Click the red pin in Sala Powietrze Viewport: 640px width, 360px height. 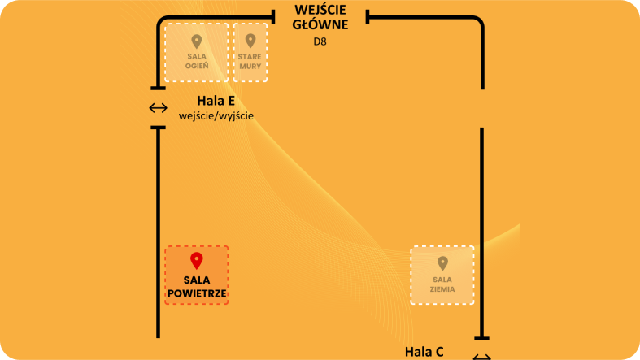coord(196,260)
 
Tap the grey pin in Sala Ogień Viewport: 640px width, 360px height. coord(196,41)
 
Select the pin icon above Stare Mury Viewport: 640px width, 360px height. coord(250,40)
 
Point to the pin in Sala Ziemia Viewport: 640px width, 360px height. coord(442,263)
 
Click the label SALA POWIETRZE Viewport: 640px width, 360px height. coord(197,286)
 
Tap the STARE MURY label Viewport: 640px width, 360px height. coord(250,61)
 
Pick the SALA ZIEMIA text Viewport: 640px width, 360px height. coord(442,284)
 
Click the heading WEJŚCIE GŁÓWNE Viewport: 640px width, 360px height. coord(320,17)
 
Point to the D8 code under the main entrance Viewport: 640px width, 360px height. coord(320,41)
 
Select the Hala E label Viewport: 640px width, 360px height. coord(216,101)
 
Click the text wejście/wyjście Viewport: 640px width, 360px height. coord(216,115)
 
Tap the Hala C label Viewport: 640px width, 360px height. coord(424,351)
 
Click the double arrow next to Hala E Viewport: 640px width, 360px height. coord(158,107)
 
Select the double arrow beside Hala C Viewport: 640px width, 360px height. coord(482,357)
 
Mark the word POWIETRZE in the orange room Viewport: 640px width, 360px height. coord(197,293)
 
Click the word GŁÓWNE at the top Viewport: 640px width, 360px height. coord(320,24)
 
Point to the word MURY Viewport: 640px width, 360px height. coord(250,66)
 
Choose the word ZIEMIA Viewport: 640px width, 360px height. coord(442,288)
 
